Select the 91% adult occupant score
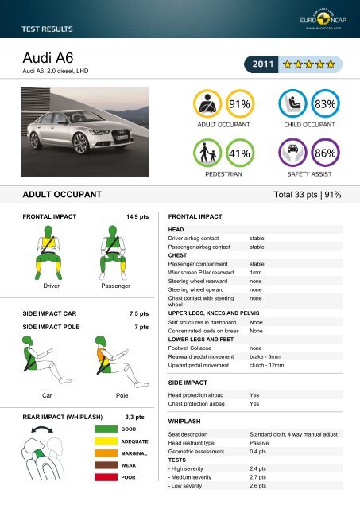point(240,104)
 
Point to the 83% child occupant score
point(326,104)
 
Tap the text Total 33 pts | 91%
point(307,193)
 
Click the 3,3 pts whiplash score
point(135,416)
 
